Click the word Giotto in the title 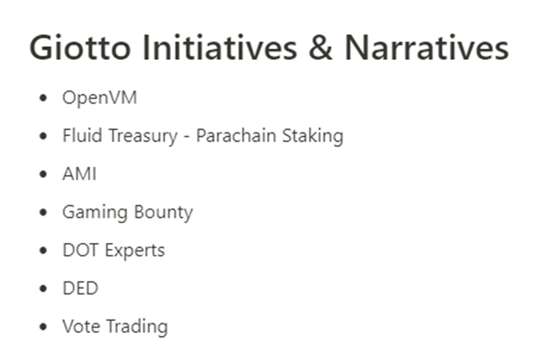coord(80,48)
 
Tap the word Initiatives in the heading coord(219,47)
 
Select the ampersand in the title coord(321,48)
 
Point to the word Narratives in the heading coord(427,48)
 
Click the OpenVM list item coord(99,97)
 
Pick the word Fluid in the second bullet coord(83,135)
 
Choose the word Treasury coord(143,136)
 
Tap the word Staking coord(312,136)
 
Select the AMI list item coord(80,174)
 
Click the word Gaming coord(95,212)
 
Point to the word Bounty coord(163,212)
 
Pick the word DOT coord(80,250)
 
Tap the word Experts coord(134,251)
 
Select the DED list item coord(80,288)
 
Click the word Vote coord(81,327)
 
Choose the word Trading coord(137,327)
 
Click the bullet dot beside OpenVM coord(43,98)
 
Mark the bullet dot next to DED coord(43,288)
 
